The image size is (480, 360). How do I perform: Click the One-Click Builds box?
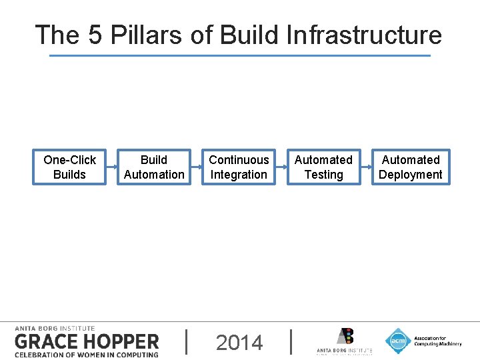tap(69, 167)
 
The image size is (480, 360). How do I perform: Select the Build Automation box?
tap(154, 167)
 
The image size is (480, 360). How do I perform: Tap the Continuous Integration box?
tap(239, 167)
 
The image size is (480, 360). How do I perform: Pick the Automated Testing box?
tap(323, 167)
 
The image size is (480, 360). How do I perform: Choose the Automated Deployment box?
tap(410, 167)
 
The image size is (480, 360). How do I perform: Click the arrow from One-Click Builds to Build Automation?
tap(111, 167)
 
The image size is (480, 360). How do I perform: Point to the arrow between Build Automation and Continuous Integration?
tap(197, 167)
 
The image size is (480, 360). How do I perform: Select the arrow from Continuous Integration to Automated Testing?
tap(281, 167)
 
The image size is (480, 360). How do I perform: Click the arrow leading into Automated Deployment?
tap(366, 167)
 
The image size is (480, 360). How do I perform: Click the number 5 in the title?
tap(95, 35)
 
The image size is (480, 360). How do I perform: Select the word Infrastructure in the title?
tap(364, 35)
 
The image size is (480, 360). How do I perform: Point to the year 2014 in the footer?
tap(239, 343)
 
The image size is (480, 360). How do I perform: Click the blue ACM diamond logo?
tap(398, 341)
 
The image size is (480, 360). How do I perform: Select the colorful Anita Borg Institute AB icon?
tap(345, 336)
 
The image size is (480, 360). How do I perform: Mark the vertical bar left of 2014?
tap(186, 341)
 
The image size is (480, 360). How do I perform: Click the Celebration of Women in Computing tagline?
tap(86, 354)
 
